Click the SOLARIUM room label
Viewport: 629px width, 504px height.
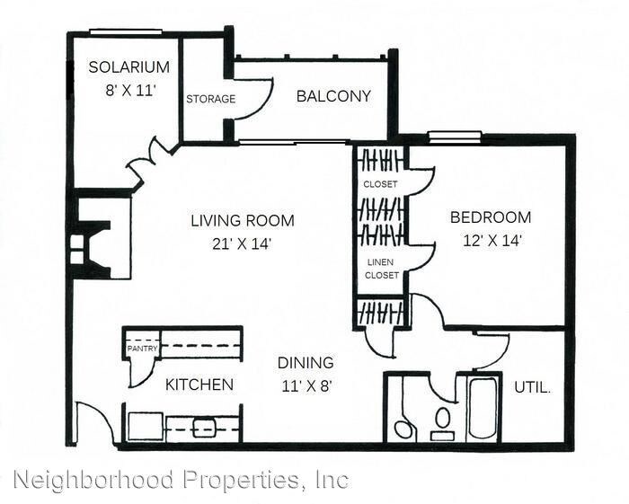[129, 66]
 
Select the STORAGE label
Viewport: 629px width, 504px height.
[210, 99]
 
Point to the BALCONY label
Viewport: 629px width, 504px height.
[333, 96]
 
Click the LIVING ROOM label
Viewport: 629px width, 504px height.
[242, 220]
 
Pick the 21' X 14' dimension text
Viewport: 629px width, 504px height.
[242, 242]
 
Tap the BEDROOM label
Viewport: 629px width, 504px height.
[490, 217]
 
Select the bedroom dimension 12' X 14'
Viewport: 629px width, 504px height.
[490, 240]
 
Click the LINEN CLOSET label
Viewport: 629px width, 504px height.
[381, 269]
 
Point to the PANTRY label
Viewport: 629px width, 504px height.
[142, 349]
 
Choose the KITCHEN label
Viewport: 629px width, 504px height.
[199, 385]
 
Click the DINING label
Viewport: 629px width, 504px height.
[305, 363]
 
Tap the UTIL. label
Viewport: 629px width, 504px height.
[532, 388]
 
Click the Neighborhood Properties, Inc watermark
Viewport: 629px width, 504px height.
[181, 480]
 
